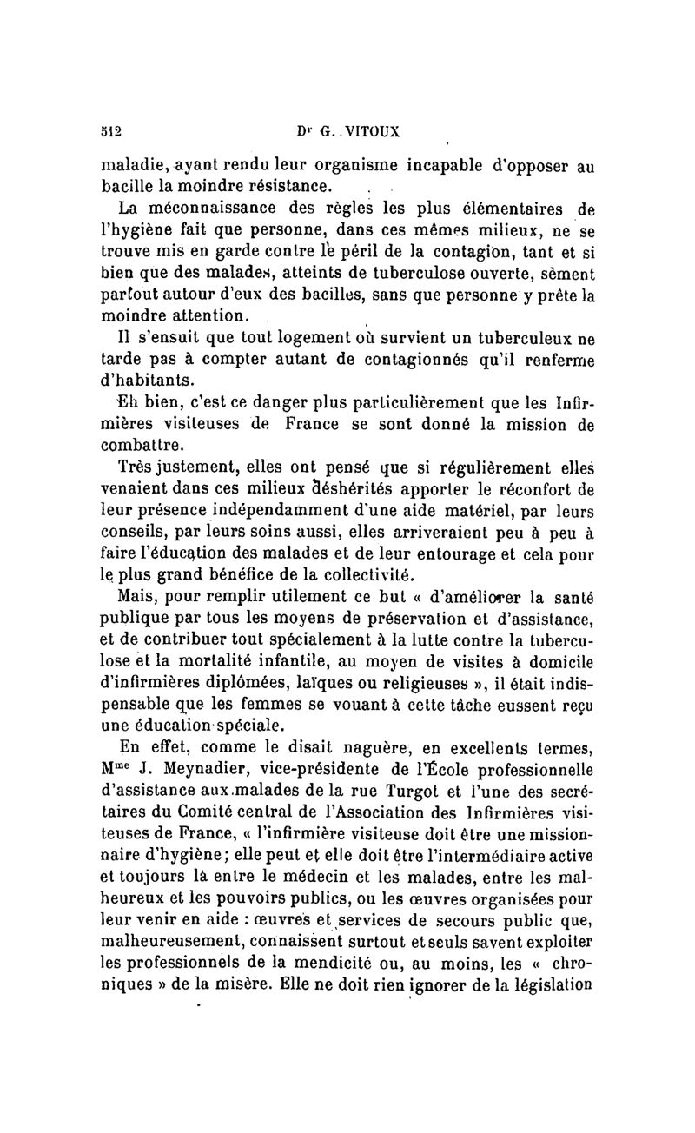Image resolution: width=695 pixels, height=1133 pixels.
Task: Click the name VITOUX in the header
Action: [x=369, y=132]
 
